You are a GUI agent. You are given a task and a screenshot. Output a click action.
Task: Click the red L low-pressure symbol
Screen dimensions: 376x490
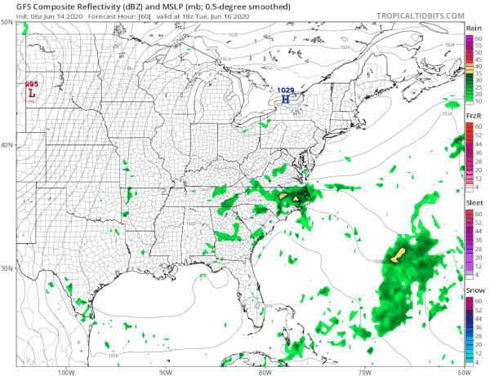coord(32,94)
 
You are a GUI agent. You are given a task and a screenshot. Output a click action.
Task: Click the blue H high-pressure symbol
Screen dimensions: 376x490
coord(285,100)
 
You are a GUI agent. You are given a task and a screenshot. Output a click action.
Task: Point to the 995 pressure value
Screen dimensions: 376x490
coord(31,85)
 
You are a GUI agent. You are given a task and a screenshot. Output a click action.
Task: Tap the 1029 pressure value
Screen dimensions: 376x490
coord(285,91)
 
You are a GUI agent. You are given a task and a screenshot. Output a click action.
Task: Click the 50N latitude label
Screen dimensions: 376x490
coord(7,23)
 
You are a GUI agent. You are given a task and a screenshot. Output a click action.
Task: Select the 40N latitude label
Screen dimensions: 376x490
coord(7,145)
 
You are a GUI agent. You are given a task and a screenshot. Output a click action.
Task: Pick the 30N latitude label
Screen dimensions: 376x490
coord(7,268)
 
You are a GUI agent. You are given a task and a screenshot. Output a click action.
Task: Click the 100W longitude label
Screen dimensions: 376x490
coord(67,371)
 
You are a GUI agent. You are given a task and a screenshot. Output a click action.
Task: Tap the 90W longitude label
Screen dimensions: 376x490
coord(166,371)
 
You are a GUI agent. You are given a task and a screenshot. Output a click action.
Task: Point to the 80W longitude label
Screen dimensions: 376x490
coord(265,371)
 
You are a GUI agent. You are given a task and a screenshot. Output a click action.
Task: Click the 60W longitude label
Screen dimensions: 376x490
coord(463,371)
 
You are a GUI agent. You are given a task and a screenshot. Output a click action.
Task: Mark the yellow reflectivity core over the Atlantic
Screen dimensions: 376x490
coord(399,256)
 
